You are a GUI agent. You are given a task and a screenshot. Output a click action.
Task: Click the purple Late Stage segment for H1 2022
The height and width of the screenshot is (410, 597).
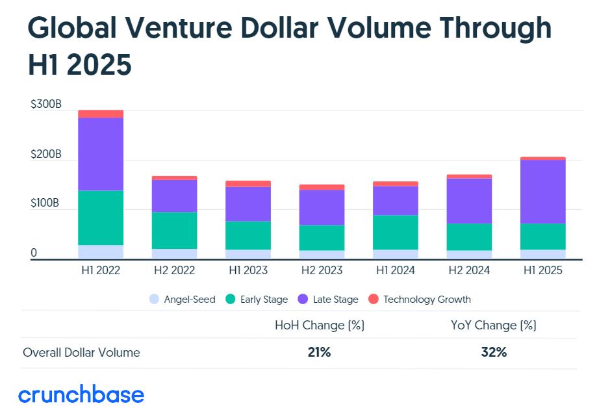click(x=101, y=154)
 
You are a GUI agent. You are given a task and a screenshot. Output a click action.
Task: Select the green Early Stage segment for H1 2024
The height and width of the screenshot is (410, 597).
click(x=396, y=232)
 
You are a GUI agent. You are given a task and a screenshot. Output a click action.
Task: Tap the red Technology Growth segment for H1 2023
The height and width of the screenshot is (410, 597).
click(x=248, y=184)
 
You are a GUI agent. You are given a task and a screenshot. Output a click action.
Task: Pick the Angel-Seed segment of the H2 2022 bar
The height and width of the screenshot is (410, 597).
click(x=175, y=254)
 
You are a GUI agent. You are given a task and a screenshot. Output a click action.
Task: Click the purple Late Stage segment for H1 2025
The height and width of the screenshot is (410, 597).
click(x=543, y=192)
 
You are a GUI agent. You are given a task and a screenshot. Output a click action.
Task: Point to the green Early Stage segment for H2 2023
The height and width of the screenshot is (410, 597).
click(x=322, y=238)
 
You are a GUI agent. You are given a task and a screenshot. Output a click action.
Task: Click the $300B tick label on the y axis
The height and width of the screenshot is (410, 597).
click(x=45, y=105)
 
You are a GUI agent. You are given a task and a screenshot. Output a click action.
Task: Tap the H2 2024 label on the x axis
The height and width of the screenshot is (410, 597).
click(x=469, y=270)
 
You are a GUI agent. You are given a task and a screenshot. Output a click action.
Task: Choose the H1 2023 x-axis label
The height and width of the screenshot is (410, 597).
click(x=248, y=270)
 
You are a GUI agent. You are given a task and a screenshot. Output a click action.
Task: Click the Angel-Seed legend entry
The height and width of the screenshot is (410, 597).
click(x=183, y=300)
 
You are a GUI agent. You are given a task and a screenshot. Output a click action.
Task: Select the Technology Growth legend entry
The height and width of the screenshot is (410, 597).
click(x=420, y=300)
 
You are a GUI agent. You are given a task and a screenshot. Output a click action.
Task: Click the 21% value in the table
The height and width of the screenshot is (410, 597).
click(x=320, y=353)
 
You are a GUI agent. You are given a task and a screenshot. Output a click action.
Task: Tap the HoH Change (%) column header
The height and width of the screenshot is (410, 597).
click(x=320, y=325)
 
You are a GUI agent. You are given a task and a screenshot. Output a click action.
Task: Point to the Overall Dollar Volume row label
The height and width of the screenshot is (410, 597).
click(x=81, y=353)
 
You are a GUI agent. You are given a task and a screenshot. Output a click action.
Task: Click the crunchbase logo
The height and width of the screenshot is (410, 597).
click(x=81, y=394)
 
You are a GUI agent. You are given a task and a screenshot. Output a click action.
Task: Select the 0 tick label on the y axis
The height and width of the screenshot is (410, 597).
click(x=34, y=253)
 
